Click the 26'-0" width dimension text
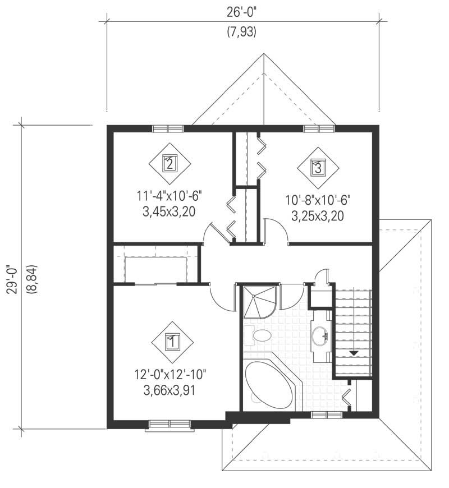click(242, 10)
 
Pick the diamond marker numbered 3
click(318, 167)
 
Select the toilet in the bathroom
click(259, 336)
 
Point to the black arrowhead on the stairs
click(354, 352)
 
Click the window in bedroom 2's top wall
click(168, 128)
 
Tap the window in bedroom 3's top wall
click(319, 128)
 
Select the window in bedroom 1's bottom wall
click(169, 423)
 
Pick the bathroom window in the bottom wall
click(326, 415)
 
